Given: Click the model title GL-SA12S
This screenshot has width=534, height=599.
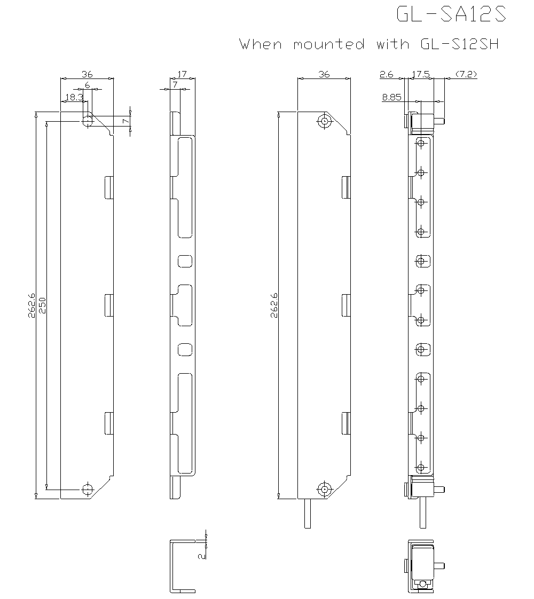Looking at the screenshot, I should click(451, 14).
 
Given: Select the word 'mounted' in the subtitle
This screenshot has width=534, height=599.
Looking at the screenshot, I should click(328, 44).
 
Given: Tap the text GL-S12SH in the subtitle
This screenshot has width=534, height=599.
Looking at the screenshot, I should click(456, 44).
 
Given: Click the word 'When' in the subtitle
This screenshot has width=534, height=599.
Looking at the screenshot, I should click(261, 44).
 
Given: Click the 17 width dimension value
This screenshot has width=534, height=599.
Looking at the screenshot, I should click(182, 75).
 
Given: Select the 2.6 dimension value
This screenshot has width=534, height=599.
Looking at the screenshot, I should click(386, 75).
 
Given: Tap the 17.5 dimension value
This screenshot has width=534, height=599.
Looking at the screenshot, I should click(421, 75).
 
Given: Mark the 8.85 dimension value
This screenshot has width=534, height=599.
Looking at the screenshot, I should click(392, 97).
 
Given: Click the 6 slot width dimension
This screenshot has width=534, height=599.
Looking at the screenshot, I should click(88, 85).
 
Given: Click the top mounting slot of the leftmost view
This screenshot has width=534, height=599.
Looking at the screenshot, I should click(87, 120).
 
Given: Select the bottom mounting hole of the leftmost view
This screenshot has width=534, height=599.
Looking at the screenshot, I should click(87, 489).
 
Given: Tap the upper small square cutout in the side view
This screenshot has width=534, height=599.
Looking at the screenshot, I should click(185, 261).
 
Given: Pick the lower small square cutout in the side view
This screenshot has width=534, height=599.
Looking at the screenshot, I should click(185, 350).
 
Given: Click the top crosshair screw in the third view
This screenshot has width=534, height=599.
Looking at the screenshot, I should click(324, 121).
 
